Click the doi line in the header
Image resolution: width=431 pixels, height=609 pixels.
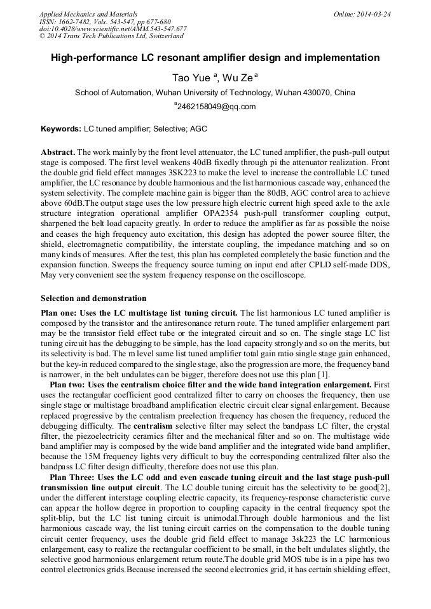(113, 29)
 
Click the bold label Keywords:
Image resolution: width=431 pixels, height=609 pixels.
(61, 129)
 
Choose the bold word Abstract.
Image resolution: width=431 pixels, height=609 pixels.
(58, 153)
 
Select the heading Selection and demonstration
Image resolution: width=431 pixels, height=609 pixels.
(93, 298)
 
